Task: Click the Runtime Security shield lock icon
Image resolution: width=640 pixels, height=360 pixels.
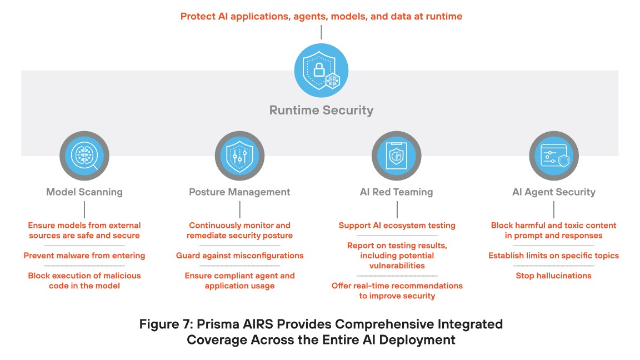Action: coord(321,71)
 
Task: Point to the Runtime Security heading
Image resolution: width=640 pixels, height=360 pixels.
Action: coord(321,110)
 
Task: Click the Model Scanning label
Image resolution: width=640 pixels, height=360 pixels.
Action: coord(84,192)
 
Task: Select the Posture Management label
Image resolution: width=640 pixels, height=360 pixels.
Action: coord(239,192)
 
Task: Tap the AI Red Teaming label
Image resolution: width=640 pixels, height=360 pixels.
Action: coord(396,192)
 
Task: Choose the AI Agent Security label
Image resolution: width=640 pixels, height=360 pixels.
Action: coord(553,192)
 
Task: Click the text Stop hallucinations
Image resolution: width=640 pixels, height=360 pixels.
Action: coord(553,276)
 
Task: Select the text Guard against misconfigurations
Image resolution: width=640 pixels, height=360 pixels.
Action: coord(239,256)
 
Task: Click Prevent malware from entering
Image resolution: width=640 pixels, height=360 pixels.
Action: coord(84,256)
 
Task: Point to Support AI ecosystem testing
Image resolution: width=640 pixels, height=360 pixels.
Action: coord(397,226)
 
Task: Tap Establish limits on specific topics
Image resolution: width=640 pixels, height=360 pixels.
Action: coord(553,256)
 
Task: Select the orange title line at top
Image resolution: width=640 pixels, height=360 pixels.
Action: coord(321,16)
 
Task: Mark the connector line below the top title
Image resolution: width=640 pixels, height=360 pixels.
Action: coord(321,32)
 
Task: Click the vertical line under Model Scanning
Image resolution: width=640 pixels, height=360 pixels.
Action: coord(84,209)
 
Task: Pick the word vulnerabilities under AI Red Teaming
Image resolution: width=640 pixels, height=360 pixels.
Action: coord(397,266)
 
